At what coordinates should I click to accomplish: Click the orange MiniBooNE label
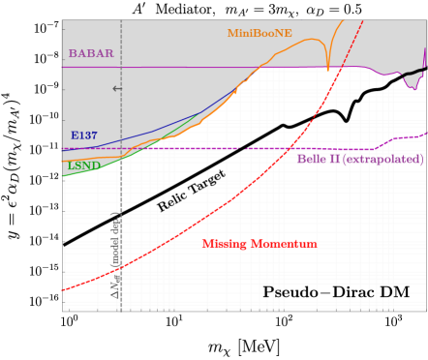click(260, 33)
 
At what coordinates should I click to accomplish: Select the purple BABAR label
click(90, 53)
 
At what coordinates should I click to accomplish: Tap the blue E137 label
click(83, 135)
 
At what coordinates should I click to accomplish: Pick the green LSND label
click(83, 165)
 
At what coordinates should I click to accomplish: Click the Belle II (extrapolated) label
click(358, 159)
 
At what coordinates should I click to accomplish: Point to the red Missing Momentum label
click(259, 244)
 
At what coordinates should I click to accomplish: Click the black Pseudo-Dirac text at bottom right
click(335, 291)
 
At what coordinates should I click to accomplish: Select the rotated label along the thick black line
click(189, 190)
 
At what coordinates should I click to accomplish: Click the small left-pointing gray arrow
click(117, 89)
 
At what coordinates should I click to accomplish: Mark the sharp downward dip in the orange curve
click(328, 68)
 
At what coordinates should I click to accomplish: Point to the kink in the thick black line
click(347, 116)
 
